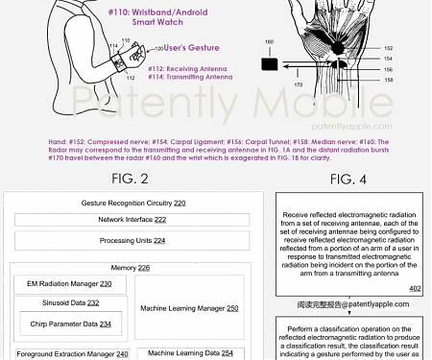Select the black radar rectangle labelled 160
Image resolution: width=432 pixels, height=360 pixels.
[269, 64]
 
